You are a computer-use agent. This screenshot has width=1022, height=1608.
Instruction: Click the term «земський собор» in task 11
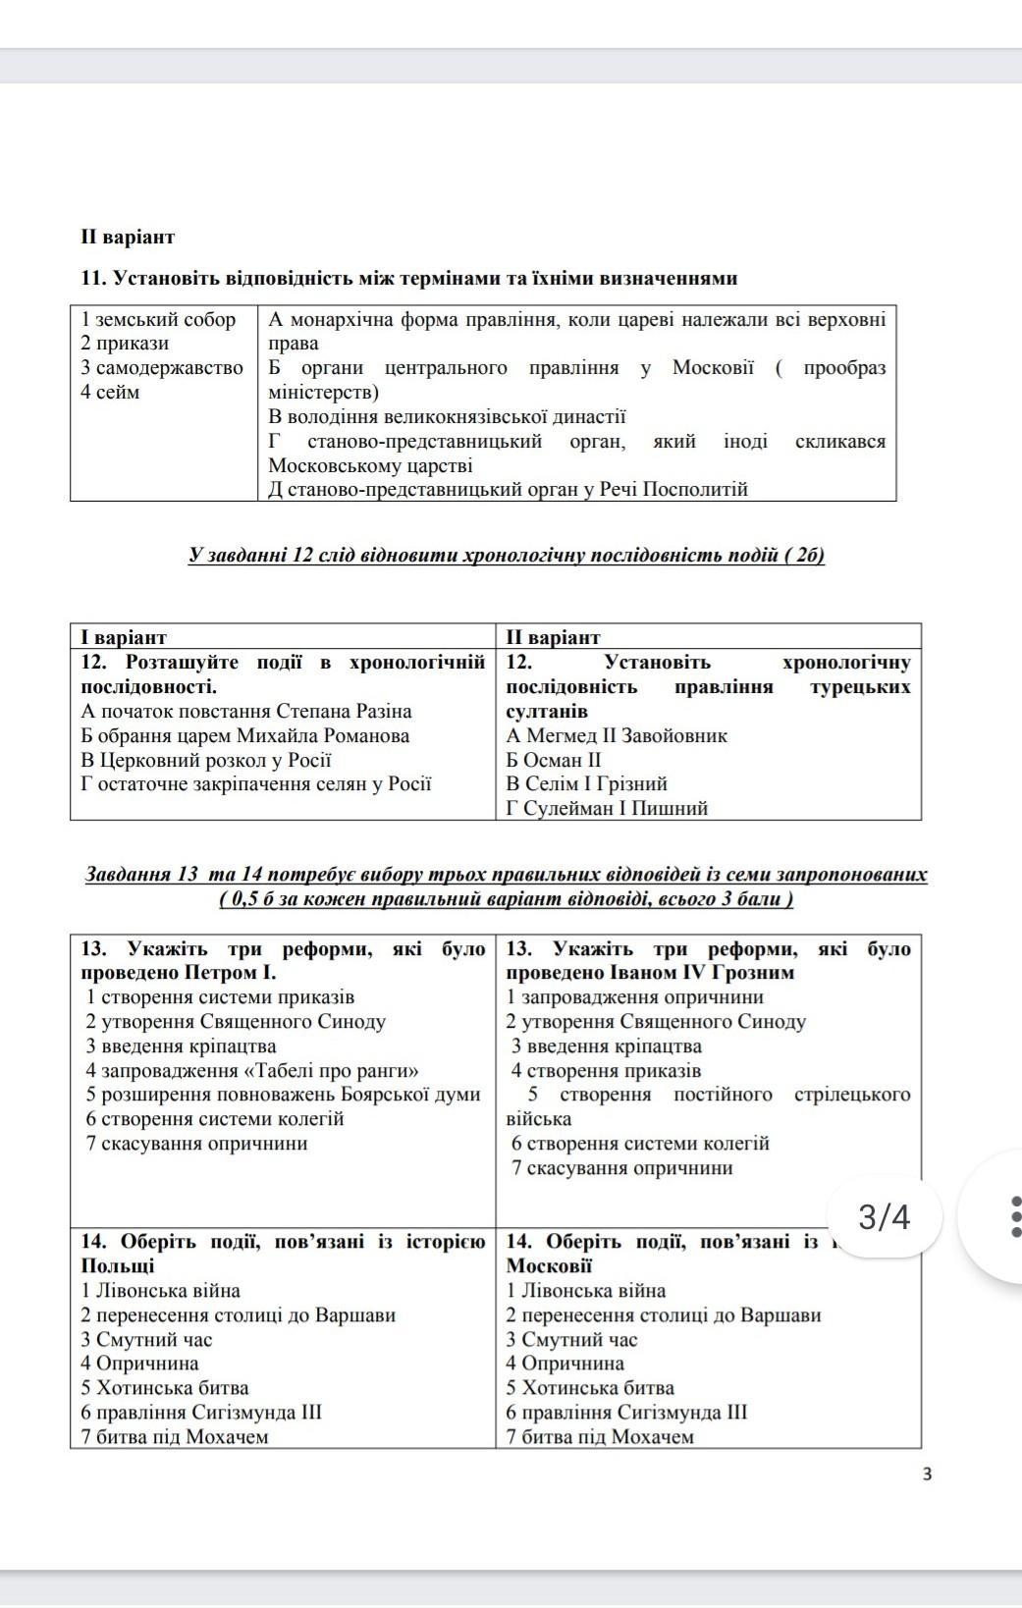[x=158, y=319]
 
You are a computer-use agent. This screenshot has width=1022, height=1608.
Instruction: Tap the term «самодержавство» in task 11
[x=162, y=368]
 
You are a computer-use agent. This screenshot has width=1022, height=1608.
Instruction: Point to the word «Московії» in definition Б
[x=713, y=368]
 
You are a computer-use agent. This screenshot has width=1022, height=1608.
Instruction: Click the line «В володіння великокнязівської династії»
[x=447, y=417]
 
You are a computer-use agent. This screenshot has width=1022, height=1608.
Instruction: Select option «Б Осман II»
[x=553, y=760]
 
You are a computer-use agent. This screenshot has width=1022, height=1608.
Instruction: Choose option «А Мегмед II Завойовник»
[x=617, y=735]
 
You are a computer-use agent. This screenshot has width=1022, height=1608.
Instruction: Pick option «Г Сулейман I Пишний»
[x=607, y=808]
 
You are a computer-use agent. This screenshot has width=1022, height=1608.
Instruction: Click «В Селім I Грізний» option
[x=586, y=783]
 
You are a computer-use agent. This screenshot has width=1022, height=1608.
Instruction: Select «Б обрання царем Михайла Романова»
[x=245, y=735]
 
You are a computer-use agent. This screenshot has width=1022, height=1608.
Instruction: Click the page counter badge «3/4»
[x=884, y=1218]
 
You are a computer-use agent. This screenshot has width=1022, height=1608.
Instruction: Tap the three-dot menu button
[x=1014, y=1217]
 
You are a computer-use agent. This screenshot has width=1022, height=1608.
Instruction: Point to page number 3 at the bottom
[x=927, y=1474]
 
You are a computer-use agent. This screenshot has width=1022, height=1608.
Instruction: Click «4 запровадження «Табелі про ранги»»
[x=252, y=1070]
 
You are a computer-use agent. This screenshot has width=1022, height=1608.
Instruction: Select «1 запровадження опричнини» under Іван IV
[x=634, y=997]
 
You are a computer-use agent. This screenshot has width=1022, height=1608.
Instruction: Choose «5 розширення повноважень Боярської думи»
[x=283, y=1095]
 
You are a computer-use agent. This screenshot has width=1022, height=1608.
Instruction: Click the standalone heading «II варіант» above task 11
[x=128, y=238]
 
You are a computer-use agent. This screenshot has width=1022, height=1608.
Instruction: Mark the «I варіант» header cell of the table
[x=124, y=637]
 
